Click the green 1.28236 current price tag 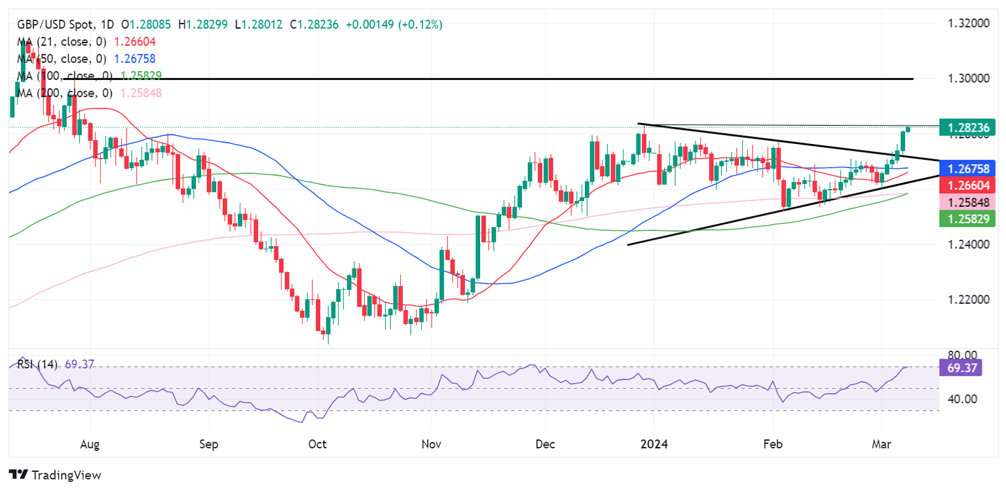(967, 126)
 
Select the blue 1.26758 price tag (967, 168)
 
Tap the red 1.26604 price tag (967, 186)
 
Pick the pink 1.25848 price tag (967, 203)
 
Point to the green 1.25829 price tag (967, 219)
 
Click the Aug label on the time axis (89, 444)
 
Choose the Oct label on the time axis (317, 444)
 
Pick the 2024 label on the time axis (654, 444)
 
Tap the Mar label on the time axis (885, 444)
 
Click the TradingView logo (55, 475)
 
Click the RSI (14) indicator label (37, 364)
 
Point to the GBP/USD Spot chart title (48, 25)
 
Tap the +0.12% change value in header (423, 25)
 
